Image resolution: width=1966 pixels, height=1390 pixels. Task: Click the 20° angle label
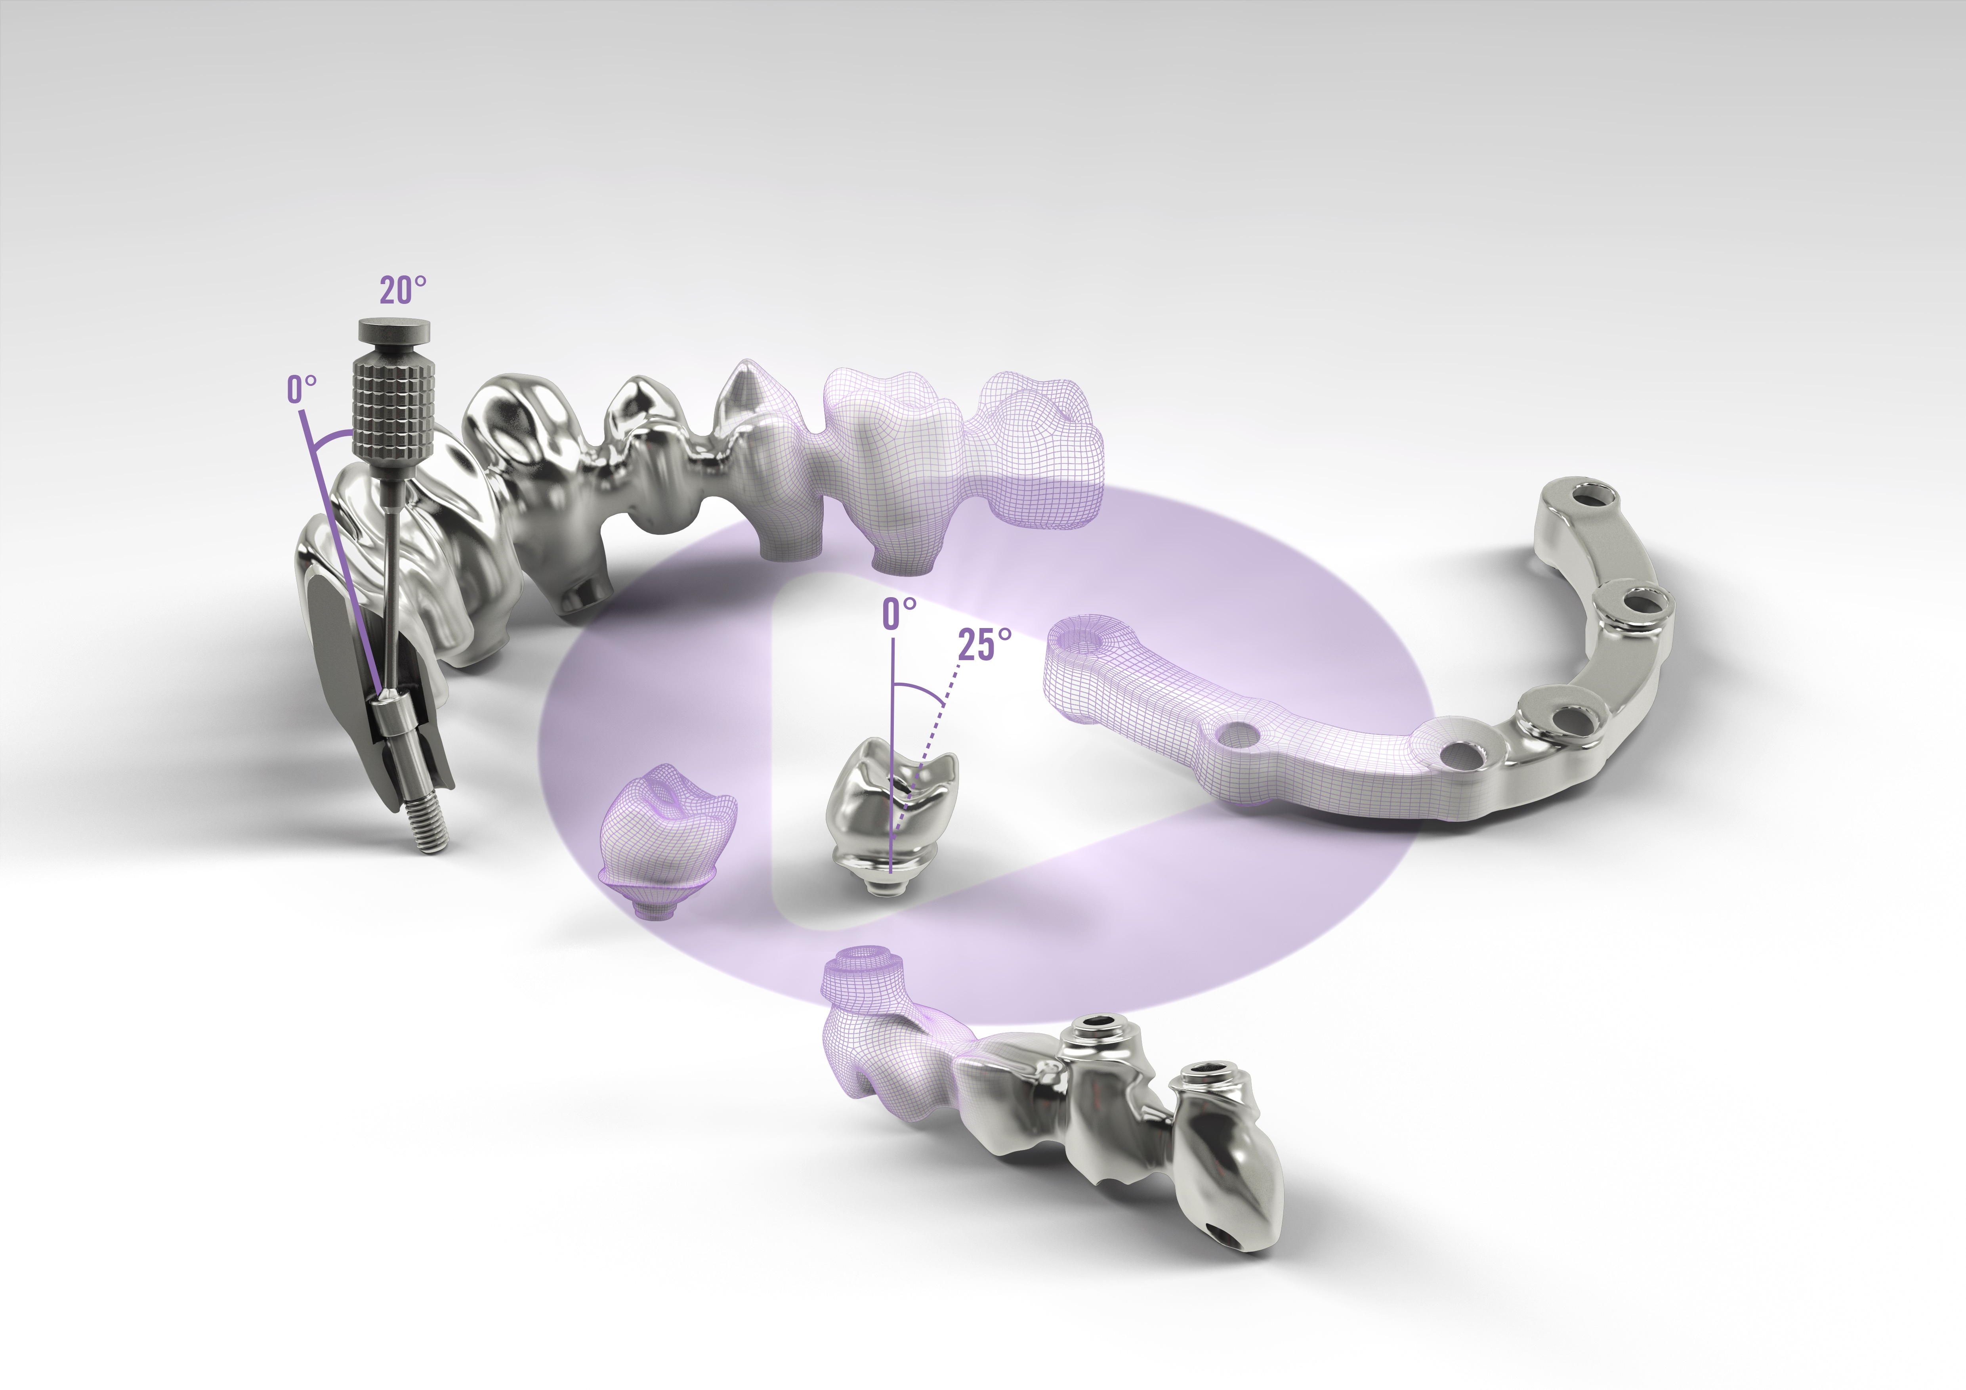pos(403,290)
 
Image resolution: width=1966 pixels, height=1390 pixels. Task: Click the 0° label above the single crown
pos(899,613)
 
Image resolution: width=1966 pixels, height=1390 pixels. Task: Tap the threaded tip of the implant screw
pos(428,827)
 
